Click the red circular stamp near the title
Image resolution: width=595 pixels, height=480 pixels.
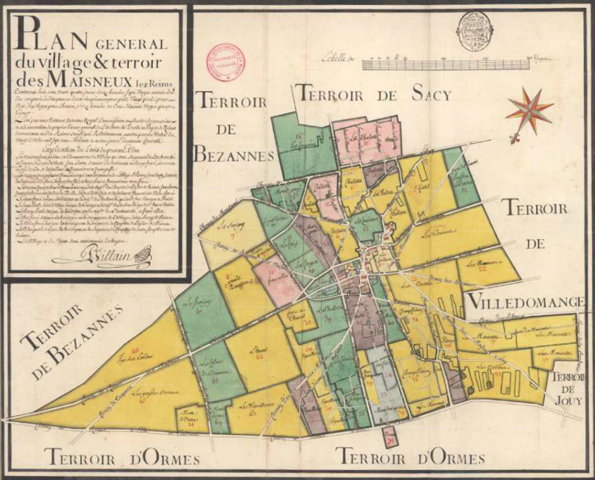224,62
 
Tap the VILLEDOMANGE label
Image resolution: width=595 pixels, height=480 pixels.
525,302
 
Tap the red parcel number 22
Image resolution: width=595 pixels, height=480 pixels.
482,269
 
